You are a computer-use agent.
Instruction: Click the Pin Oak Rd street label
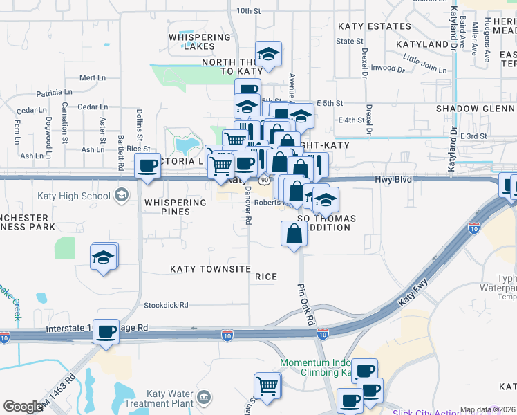coord(306,304)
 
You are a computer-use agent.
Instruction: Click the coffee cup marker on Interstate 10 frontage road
coord(106,331)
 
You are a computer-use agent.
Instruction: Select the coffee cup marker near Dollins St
coord(147,165)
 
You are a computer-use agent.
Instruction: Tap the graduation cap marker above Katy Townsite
coord(104,256)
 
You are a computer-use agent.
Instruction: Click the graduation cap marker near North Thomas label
coord(268,53)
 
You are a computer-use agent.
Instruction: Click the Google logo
coord(23,407)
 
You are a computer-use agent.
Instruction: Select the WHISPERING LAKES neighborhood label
coord(200,41)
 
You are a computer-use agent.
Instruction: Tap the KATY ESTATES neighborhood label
coord(375,26)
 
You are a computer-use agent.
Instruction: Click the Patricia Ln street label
coord(55,92)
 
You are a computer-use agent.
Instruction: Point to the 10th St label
coord(248,11)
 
